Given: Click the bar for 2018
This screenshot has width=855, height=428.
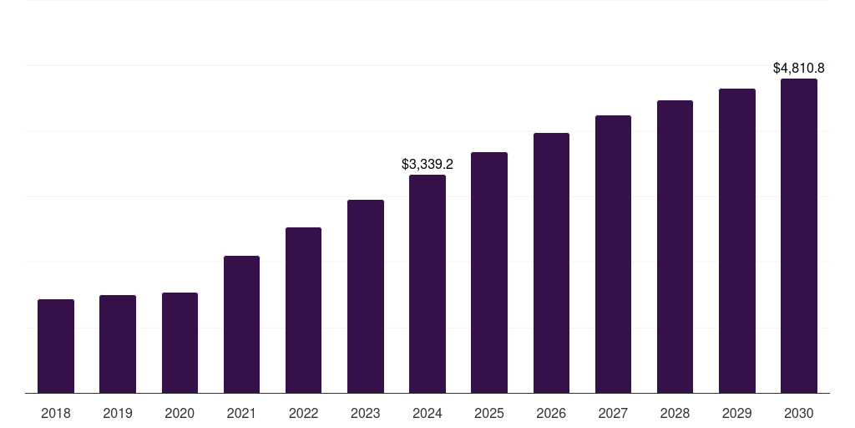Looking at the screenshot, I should pyautogui.click(x=56, y=346).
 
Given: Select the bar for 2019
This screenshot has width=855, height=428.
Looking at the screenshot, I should pyautogui.click(x=118, y=344).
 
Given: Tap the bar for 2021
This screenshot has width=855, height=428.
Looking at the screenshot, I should pyautogui.click(x=241, y=324).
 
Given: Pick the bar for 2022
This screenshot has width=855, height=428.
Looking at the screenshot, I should pyautogui.click(x=303, y=310).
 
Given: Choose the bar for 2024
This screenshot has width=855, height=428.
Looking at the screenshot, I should pyautogui.click(x=427, y=284).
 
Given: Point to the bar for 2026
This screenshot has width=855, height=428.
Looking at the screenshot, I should pyautogui.click(x=551, y=263).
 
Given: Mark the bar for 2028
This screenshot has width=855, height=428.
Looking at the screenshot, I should pyautogui.click(x=675, y=247).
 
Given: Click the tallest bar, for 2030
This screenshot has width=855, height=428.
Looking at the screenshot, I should pyautogui.click(x=798, y=236).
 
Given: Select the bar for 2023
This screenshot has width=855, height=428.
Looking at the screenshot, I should pyautogui.click(x=366, y=297).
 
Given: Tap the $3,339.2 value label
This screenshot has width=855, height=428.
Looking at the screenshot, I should pyautogui.click(x=427, y=164).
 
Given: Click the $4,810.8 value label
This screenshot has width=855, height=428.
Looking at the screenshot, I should pyautogui.click(x=798, y=68).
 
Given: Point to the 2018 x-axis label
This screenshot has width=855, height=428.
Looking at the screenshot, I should pyautogui.click(x=56, y=413).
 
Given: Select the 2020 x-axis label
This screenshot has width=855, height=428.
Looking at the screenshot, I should pyautogui.click(x=180, y=413).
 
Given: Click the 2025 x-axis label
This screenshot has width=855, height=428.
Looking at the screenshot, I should pyautogui.click(x=489, y=413).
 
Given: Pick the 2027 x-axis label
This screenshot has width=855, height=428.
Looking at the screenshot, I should pyautogui.click(x=613, y=413).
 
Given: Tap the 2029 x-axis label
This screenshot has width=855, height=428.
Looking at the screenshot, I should pyautogui.click(x=736, y=413).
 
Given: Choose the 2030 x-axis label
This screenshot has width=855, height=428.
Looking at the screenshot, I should pyautogui.click(x=798, y=413).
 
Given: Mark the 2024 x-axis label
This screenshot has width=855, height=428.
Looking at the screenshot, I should pyautogui.click(x=427, y=413).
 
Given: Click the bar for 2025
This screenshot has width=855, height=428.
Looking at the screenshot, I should pyautogui.click(x=489, y=273).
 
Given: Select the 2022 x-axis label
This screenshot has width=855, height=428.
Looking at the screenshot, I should pyautogui.click(x=303, y=413).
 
